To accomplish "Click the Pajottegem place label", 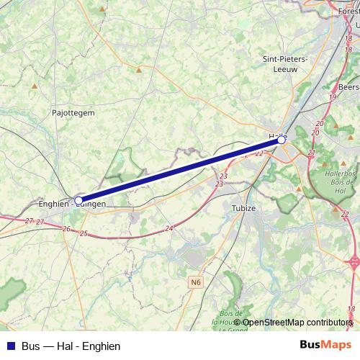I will click(x=73, y=112).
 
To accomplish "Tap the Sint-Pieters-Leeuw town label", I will click(x=286, y=64).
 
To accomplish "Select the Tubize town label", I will click(x=243, y=207).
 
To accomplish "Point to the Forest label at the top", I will click(x=348, y=12).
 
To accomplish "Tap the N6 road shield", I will click(x=197, y=283).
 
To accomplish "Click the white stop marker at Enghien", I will click(x=78, y=201).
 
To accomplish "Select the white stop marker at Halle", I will click(x=282, y=140).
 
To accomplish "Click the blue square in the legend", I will click(x=11, y=346).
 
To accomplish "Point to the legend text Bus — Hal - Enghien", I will click(x=71, y=346).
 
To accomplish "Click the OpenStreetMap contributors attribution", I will click(x=297, y=322).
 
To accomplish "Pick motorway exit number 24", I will click(x=169, y=228).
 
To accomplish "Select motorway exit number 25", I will click(x=84, y=234).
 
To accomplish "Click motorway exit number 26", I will click(x=66, y=229).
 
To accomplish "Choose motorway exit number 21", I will click(x=311, y=153).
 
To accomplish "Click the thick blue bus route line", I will click(x=180, y=171).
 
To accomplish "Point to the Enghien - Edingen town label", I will click(x=72, y=204).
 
